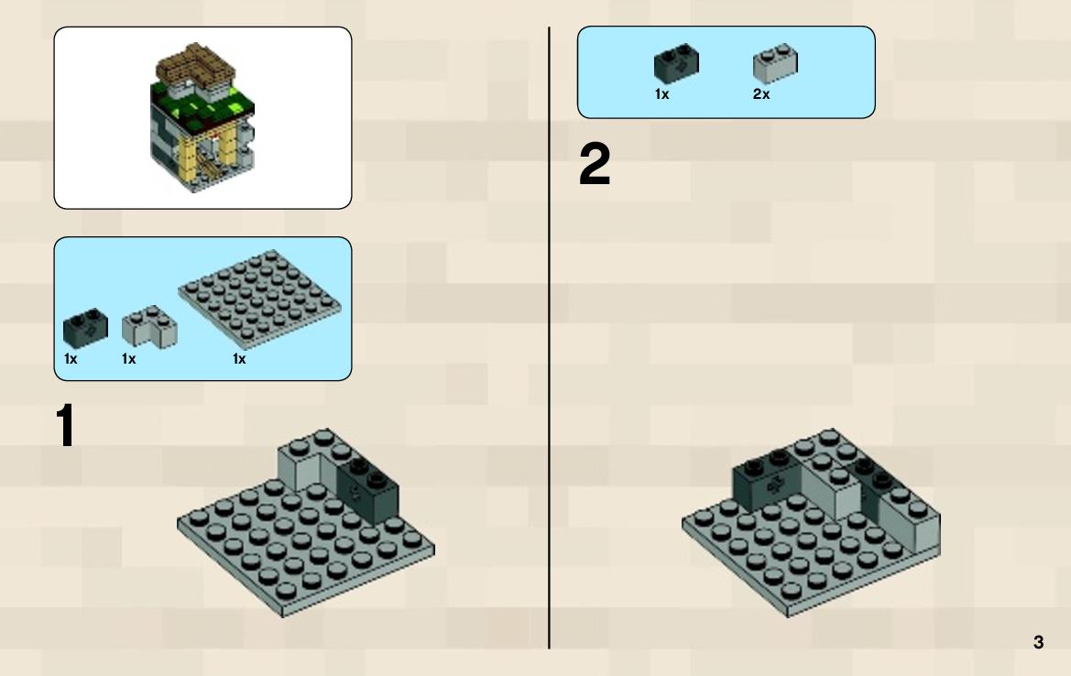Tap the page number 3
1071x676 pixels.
point(1038,642)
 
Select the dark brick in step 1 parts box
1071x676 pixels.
point(85,329)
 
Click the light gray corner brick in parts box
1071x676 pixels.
point(149,326)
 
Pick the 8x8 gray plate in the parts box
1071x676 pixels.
point(259,300)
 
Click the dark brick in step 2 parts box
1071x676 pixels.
point(676,63)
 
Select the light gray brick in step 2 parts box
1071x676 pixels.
point(775,63)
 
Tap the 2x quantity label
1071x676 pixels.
point(761,94)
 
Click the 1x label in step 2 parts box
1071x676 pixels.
point(661,94)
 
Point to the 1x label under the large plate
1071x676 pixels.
point(239,358)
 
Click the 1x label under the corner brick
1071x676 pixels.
point(128,358)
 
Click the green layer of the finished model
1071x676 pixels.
point(202,107)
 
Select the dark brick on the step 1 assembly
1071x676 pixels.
point(367,488)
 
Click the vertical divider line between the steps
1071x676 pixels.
point(549,338)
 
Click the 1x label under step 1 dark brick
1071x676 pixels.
point(71,358)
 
